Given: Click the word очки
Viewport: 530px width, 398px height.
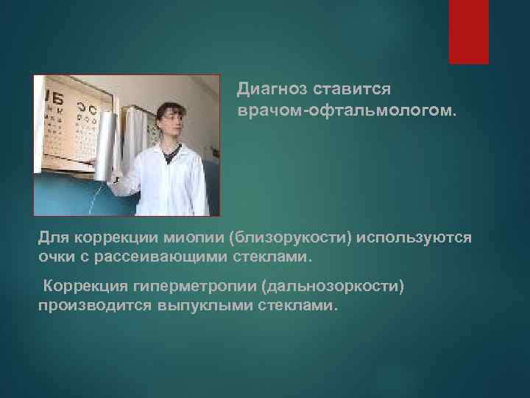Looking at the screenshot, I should click(x=56, y=258).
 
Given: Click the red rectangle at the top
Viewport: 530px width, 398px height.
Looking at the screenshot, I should click(x=469, y=32).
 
